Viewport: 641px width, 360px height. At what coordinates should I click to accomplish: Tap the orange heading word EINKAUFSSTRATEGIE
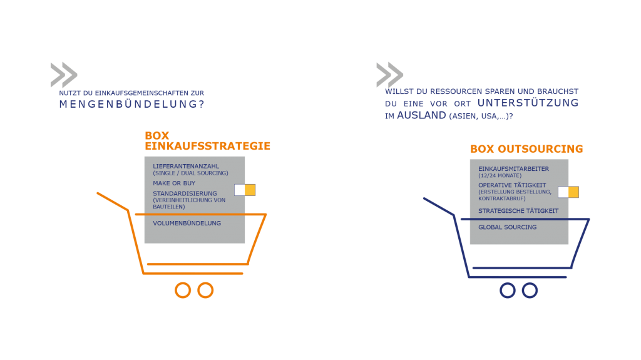[207, 146]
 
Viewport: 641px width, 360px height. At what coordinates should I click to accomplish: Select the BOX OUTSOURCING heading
[526, 149]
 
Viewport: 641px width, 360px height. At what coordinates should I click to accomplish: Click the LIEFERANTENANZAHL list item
[186, 166]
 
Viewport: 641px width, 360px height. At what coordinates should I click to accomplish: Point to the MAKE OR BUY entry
[174, 183]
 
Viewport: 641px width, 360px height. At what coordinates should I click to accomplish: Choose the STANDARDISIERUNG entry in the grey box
[185, 193]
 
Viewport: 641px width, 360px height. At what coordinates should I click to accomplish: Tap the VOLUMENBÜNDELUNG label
[187, 224]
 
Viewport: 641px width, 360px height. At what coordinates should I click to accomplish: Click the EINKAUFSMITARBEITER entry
[513, 169]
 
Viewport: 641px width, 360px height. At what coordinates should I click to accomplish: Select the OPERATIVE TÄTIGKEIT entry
[512, 185]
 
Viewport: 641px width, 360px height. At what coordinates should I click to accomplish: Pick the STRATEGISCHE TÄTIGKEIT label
[518, 211]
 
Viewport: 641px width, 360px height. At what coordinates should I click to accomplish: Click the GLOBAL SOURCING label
[507, 227]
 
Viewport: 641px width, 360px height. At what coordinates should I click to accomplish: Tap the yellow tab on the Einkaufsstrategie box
[250, 190]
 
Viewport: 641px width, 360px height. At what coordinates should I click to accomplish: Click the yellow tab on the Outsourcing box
[573, 192]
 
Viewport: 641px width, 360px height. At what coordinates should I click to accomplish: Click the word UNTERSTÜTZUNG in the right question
[528, 103]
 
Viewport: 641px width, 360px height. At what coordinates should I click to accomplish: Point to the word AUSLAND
[421, 116]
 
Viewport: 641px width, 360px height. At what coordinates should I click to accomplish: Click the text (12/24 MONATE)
[500, 175]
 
